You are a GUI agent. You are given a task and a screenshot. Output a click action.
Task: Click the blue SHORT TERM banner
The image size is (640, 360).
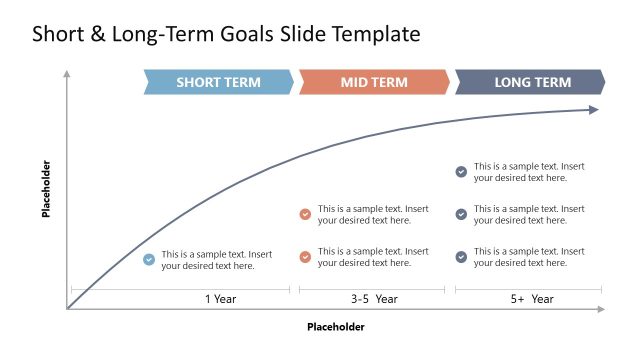click(x=218, y=82)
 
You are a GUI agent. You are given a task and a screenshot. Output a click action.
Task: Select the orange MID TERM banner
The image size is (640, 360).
click(x=374, y=82)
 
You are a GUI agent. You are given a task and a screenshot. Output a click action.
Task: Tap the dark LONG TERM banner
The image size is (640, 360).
click(x=531, y=82)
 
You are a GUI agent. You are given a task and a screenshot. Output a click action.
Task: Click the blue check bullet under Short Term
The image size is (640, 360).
click(x=149, y=260)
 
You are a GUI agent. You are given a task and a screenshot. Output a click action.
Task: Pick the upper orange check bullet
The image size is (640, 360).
click(x=305, y=214)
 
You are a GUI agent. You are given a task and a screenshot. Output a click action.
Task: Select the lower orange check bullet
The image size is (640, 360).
click(x=305, y=257)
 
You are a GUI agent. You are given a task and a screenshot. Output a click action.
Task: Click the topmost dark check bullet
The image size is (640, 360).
click(x=461, y=172)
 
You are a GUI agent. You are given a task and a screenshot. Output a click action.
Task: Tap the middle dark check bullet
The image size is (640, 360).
click(x=461, y=214)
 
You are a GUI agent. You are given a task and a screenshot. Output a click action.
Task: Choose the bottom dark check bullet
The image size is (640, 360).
click(x=461, y=257)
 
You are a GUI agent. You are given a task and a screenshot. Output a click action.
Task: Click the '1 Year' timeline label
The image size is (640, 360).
click(x=220, y=299)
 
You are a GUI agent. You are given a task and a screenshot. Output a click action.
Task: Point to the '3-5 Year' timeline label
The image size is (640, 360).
click(x=373, y=299)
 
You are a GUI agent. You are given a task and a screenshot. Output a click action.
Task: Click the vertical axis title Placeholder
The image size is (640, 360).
click(x=46, y=189)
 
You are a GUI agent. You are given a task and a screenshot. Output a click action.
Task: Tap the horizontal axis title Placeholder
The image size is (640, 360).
click(x=336, y=327)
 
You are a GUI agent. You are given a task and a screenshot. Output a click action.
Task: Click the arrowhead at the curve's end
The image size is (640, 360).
click(x=594, y=110)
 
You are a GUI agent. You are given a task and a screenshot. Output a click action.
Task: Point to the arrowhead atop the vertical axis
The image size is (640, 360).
click(x=67, y=74)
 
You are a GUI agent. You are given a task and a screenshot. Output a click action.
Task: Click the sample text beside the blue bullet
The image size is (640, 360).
click(x=216, y=260)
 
